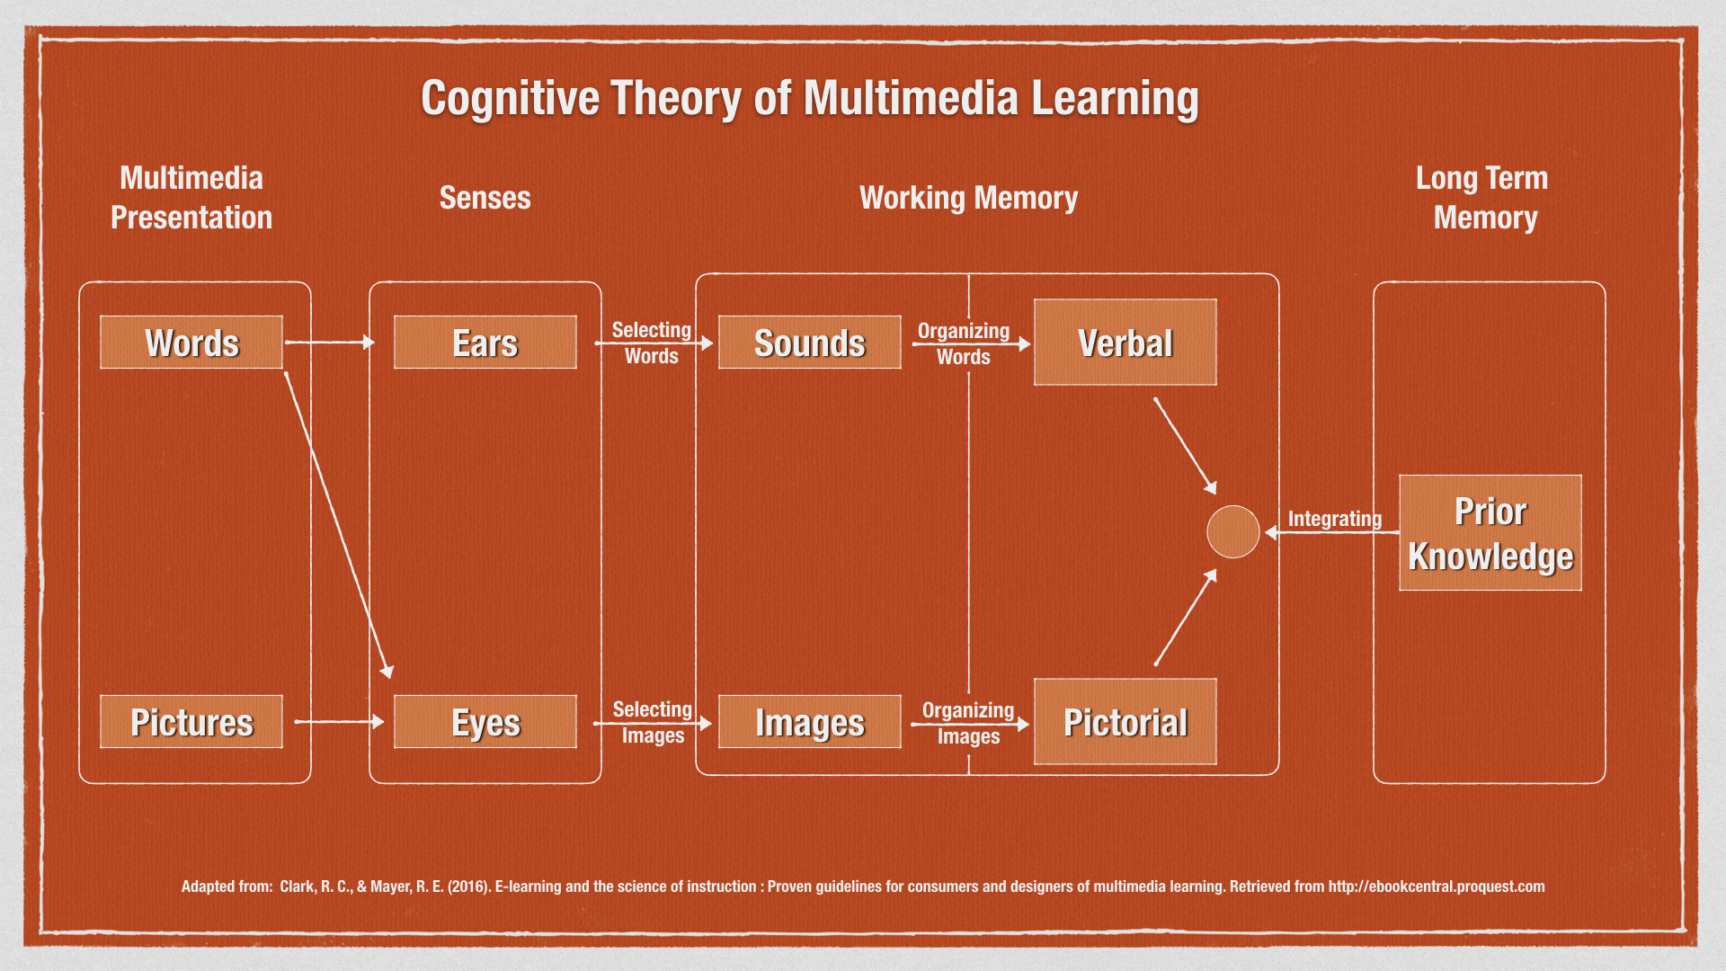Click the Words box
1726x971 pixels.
(x=191, y=343)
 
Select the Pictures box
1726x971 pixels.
(x=191, y=722)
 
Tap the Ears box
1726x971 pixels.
(x=485, y=343)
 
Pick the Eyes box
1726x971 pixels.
(x=485, y=722)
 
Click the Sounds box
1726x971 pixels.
(x=809, y=343)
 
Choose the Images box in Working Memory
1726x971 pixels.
(x=809, y=722)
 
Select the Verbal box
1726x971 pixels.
(x=1125, y=343)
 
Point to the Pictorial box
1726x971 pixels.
(x=1125, y=722)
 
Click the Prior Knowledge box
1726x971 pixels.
(x=1490, y=533)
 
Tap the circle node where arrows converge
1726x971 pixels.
(x=1232, y=532)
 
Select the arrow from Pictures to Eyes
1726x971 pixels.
(x=338, y=721)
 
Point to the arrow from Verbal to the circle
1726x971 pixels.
(x=1185, y=446)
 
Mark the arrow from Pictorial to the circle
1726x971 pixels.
(x=1185, y=619)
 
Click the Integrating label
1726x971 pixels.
(x=1334, y=519)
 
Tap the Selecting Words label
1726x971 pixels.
(x=652, y=343)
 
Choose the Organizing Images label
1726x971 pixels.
(x=968, y=723)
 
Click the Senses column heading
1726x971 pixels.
(x=485, y=198)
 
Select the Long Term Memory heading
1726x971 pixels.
(x=1483, y=198)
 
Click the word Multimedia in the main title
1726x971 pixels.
(x=910, y=98)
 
